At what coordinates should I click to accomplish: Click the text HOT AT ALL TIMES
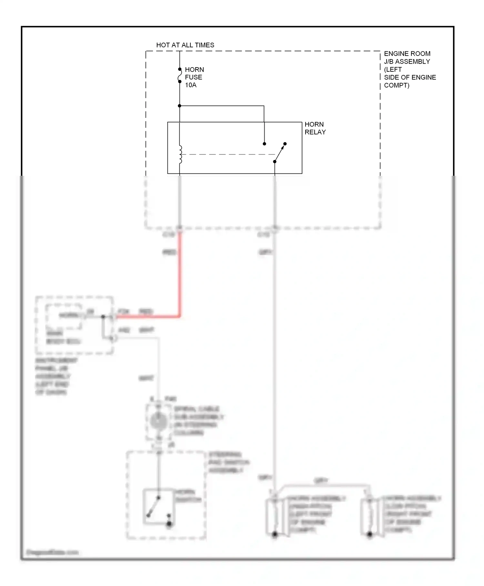pyautogui.click(x=185, y=45)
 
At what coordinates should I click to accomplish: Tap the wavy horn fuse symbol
pyautogui.click(x=180, y=76)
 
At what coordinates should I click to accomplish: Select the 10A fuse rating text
pyautogui.click(x=190, y=85)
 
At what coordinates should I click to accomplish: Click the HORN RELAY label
pyautogui.click(x=315, y=128)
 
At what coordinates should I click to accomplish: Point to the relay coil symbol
pyautogui.click(x=180, y=155)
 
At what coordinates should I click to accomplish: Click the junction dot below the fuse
pyautogui.click(x=180, y=106)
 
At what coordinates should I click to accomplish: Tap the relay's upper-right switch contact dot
pyautogui.click(x=285, y=143)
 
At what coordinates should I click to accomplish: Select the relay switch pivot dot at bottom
pyautogui.click(x=275, y=162)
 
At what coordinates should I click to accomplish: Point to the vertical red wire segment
pyautogui.click(x=180, y=275)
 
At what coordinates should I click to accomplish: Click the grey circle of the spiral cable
pyautogui.click(x=158, y=421)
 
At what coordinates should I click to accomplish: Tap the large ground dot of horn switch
pyautogui.click(x=169, y=524)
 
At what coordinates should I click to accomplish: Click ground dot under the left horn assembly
pyautogui.click(x=275, y=534)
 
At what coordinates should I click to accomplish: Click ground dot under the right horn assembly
pyautogui.click(x=369, y=534)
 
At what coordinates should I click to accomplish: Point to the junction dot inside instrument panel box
pyautogui.click(x=103, y=317)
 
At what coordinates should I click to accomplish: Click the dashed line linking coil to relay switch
pyautogui.click(x=227, y=154)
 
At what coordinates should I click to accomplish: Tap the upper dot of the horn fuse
pyautogui.click(x=180, y=69)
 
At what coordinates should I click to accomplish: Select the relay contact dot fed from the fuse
pyautogui.click(x=264, y=143)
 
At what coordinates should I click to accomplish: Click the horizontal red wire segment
pyautogui.click(x=147, y=317)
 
